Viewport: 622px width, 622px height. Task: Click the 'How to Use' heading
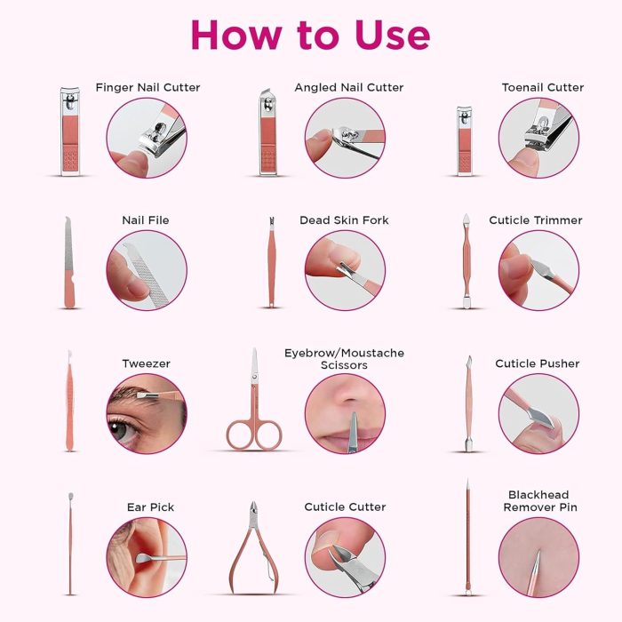tap(311, 35)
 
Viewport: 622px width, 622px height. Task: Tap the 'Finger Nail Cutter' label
tap(148, 87)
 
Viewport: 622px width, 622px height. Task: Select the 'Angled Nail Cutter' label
tap(349, 87)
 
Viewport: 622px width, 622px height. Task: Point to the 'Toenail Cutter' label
tap(543, 87)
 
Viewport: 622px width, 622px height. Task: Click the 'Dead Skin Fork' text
tap(345, 220)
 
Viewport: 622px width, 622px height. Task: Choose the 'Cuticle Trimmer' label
tap(536, 220)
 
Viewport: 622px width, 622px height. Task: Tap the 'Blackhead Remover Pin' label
tap(540, 501)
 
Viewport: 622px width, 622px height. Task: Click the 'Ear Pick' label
tap(150, 507)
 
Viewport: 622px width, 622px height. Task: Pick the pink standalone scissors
tap(254, 400)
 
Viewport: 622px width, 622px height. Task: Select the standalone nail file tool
tap(69, 262)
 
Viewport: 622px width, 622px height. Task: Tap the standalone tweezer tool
tap(70, 401)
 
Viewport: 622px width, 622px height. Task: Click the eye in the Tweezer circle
tap(119, 429)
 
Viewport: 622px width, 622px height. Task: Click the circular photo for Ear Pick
tap(147, 557)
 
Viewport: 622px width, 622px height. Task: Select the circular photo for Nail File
tap(147, 270)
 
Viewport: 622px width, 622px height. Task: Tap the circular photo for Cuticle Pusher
tap(538, 414)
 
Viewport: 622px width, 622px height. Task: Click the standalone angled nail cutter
tap(268, 132)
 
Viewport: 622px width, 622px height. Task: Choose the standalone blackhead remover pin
tap(468, 538)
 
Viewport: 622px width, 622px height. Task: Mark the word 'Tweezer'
tap(146, 363)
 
